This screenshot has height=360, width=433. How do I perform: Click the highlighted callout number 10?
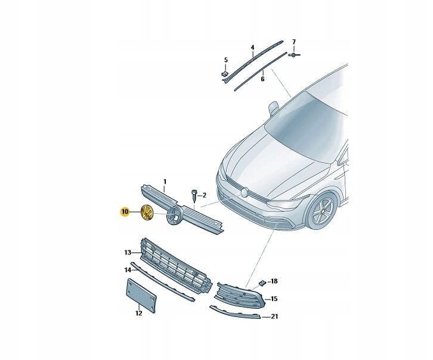pyautogui.click(x=125, y=212)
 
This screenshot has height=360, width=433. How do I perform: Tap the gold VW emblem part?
pyautogui.click(x=147, y=213)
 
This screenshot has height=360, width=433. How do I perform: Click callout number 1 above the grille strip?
pyautogui.click(x=165, y=181)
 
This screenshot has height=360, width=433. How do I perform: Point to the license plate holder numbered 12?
pyautogui.click(x=141, y=296)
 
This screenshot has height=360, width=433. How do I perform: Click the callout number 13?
pyautogui.click(x=128, y=253)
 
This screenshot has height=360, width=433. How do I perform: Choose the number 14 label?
pyautogui.click(x=128, y=270)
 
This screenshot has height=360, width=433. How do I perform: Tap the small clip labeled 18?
pyautogui.click(x=262, y=283)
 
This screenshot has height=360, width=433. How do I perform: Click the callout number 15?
pyautogui.click(x=274, y=299)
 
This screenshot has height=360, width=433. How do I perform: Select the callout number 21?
pyautogui.click(x=274, y=316)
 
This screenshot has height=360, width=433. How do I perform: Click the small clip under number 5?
pyautogui.click(x=225, y=74)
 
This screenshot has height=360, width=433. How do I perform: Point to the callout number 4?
pyautogui.click(x=252, y=48)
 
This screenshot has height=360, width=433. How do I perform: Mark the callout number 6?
pyautogui.click(x=262, y=79)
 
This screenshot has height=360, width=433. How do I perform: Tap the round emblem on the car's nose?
pyautogui.click(x=245, y=192)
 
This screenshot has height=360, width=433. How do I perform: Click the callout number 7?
pyautogui.click(x=294, y=42)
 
